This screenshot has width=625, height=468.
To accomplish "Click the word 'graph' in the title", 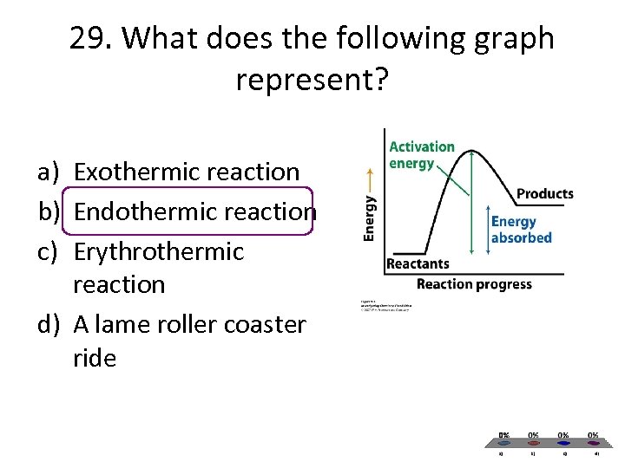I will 507,39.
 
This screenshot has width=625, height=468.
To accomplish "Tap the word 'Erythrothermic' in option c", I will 159,251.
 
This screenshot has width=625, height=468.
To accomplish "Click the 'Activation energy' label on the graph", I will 422,155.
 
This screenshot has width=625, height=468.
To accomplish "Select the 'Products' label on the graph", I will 545,193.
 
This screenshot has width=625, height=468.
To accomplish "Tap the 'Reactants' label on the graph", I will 418,263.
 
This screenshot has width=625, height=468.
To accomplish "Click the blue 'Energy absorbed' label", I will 521,230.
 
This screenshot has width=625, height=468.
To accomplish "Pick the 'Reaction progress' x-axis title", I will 474,284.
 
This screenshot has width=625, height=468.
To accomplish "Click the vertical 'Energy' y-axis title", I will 371,218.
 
